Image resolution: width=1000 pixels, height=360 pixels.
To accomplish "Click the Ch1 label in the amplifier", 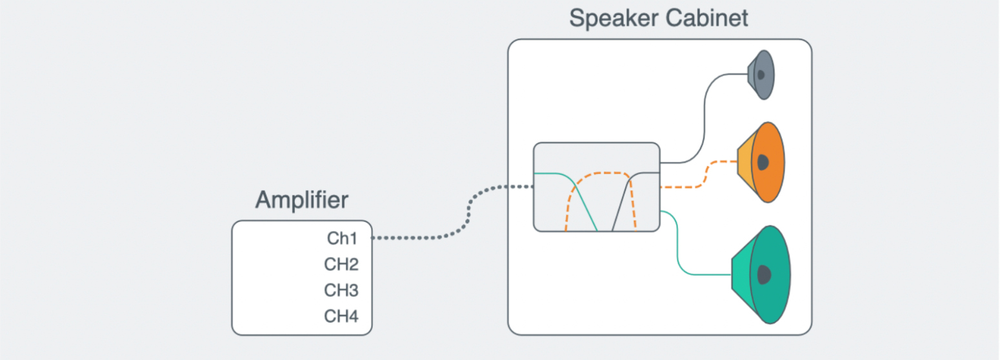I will point(342,239).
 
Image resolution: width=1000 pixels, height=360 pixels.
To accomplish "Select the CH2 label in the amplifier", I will point(341,265).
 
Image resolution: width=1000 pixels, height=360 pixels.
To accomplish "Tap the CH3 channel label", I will point(341,290).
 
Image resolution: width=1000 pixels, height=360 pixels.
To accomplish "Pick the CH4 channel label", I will point(341,316).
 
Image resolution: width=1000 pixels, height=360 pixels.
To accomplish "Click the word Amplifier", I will point(301,200).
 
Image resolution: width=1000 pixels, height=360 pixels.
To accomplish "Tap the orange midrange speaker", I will point(765,162).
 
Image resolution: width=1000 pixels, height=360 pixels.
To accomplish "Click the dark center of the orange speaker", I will point(763,162).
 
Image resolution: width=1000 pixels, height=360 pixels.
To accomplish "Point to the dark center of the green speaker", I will point(765,274).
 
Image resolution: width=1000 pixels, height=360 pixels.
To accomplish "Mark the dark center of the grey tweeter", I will point(761,75).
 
